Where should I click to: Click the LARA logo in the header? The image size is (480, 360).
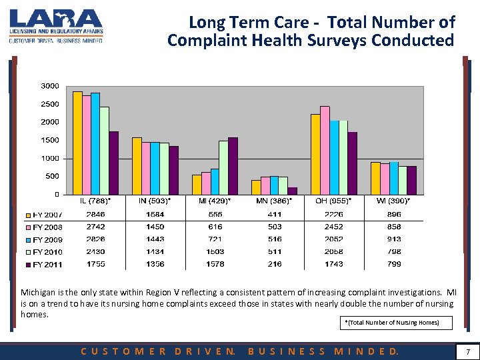(x=56, y=25)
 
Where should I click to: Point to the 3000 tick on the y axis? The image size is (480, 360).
(x=51, y=86)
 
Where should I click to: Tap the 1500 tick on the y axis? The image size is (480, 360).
(x=51, y=140)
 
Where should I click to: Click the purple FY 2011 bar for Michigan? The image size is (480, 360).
(x=233, y=166)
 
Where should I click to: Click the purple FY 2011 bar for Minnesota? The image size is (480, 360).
(x=293, y=191)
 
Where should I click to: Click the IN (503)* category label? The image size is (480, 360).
(x=154, y=201)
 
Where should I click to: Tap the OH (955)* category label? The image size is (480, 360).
(x=333, y=201)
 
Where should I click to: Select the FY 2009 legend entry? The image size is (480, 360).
(x=45, y=239)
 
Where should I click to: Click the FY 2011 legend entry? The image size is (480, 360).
(x=45, y=265)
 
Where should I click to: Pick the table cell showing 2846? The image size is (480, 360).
(x=95, y=214)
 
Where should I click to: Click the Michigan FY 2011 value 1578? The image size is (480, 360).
(x=214, y=264)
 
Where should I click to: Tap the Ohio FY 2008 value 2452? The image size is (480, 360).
(x=333, y=227)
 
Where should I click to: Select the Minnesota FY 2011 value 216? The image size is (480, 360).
(x=274, y=264)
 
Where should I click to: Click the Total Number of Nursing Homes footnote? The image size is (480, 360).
(x=391, y=323)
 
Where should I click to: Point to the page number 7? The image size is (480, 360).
(x=468, y=351)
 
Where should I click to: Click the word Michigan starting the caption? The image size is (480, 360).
(x=39, y=293)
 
